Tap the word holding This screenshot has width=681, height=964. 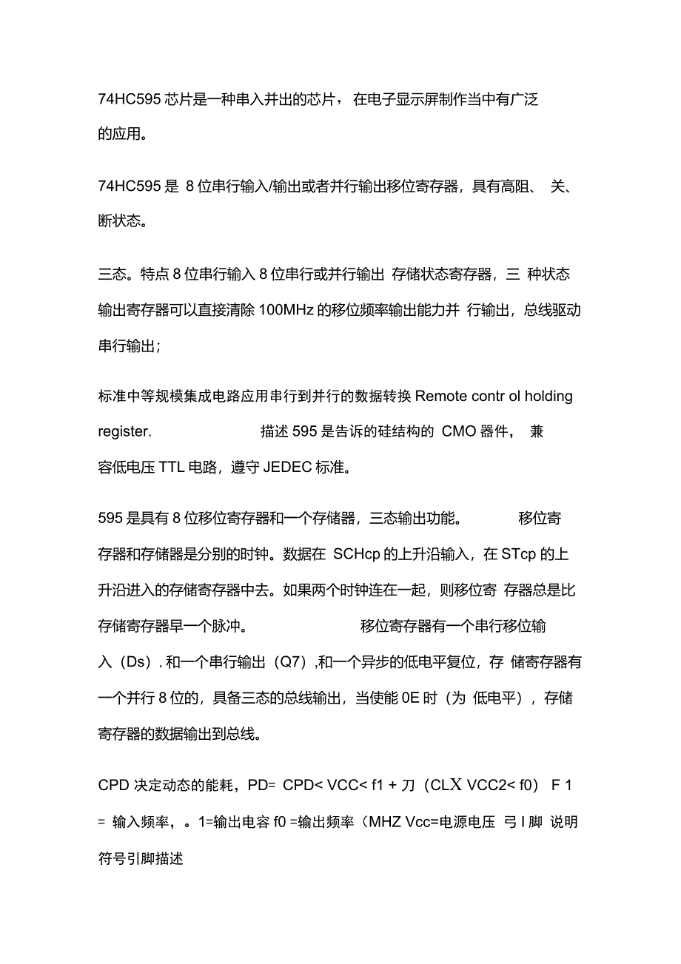pos(549,396)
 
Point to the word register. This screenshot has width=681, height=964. pos(124,431)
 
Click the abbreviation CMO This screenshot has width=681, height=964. pos(459,431)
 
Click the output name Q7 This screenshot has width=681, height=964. pos(291,662)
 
